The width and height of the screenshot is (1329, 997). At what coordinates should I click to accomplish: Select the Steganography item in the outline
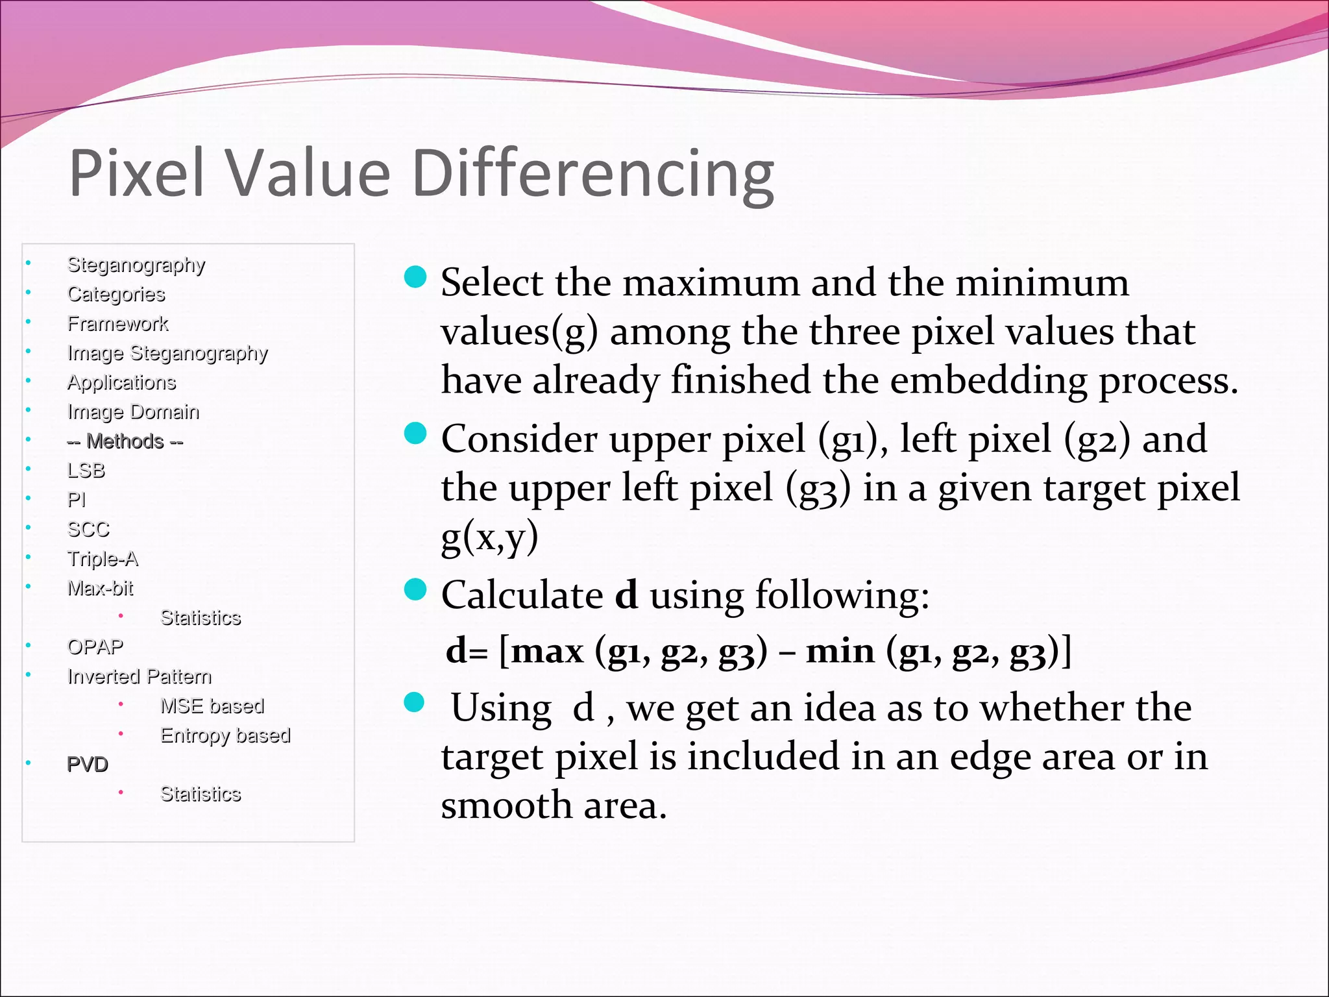coord(136,265)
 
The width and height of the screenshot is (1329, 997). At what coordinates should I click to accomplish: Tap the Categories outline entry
coord(116,294)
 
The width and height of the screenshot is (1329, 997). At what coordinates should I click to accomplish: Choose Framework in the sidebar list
coord(117,323)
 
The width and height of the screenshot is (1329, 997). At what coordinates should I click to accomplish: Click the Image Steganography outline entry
coord(167,353)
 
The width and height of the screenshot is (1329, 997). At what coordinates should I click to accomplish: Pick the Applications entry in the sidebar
coord(121,382)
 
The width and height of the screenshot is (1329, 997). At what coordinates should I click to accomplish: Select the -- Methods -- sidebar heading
coord(125,441)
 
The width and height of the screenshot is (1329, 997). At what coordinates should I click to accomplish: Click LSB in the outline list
coord(86,471)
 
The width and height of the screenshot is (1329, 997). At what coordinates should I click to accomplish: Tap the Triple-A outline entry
coord(103,559)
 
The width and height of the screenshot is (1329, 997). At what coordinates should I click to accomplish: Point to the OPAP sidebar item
coord(95,647)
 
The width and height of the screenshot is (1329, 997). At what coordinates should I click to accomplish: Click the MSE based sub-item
coord(212,706)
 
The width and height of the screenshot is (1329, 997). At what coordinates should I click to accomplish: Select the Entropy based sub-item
coord(225,735)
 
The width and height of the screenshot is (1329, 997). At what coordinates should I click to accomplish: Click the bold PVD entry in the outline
coord(88,765)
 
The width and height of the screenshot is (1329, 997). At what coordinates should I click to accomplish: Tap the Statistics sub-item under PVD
coord(201,794)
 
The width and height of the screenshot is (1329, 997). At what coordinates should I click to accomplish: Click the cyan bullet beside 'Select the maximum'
coord(415,277)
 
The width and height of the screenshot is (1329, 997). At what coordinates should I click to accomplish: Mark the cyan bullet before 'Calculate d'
coord(415,590)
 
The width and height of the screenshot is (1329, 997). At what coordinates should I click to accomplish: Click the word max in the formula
coord(547,651)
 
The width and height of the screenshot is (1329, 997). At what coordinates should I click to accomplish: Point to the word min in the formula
coord(840,651)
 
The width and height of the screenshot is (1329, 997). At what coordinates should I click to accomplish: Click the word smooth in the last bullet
coord(506,806)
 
